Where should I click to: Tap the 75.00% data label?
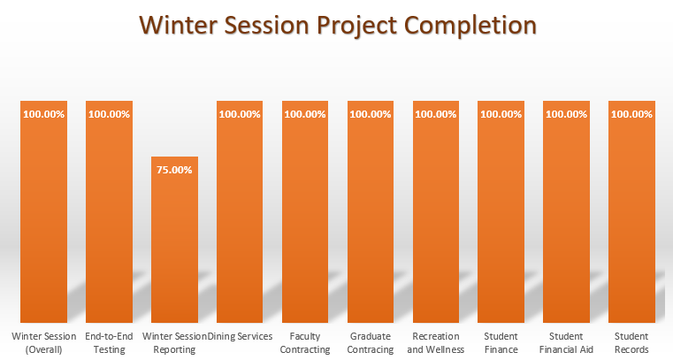[x=174, y=170]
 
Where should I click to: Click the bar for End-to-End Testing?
[x=109, y=221]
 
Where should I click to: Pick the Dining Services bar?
[x=240, y=221]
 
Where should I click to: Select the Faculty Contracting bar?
[x=305, y=221]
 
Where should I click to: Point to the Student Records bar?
[x=632, y=221]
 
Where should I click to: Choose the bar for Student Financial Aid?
[x=567, y=221]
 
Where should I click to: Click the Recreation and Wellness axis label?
[x=436, y=342]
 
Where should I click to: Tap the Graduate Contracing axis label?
[x=371, y=342]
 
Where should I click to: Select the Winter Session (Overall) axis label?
[x=43, y=342]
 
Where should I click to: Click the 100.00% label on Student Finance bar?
[x=501, y=114]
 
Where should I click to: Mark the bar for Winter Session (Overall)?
[x=43, y=221]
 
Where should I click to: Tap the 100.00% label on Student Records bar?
[x=632, y=114]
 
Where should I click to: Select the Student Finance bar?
[x=501, y=221]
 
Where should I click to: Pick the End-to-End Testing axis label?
[x=109, y=342]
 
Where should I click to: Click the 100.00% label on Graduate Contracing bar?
[x=371, y=114]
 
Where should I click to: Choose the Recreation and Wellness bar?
[x=436, y=221]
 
